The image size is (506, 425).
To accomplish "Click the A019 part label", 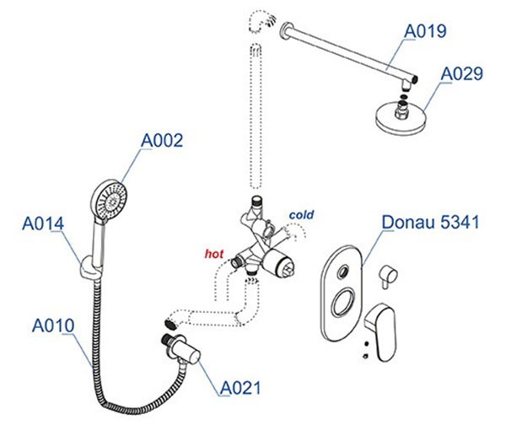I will click(426, 32).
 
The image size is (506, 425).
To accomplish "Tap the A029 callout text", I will click(462, 74).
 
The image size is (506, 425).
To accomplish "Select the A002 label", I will click(161, 141).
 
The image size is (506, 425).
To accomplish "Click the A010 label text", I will click(53, 325).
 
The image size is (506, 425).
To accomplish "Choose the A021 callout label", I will click(240, 388).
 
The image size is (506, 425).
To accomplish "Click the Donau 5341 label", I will click(430, 223).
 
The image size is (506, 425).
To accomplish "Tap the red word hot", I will click(215, 252).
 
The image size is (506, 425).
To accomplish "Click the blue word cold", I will click(301, 216).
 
